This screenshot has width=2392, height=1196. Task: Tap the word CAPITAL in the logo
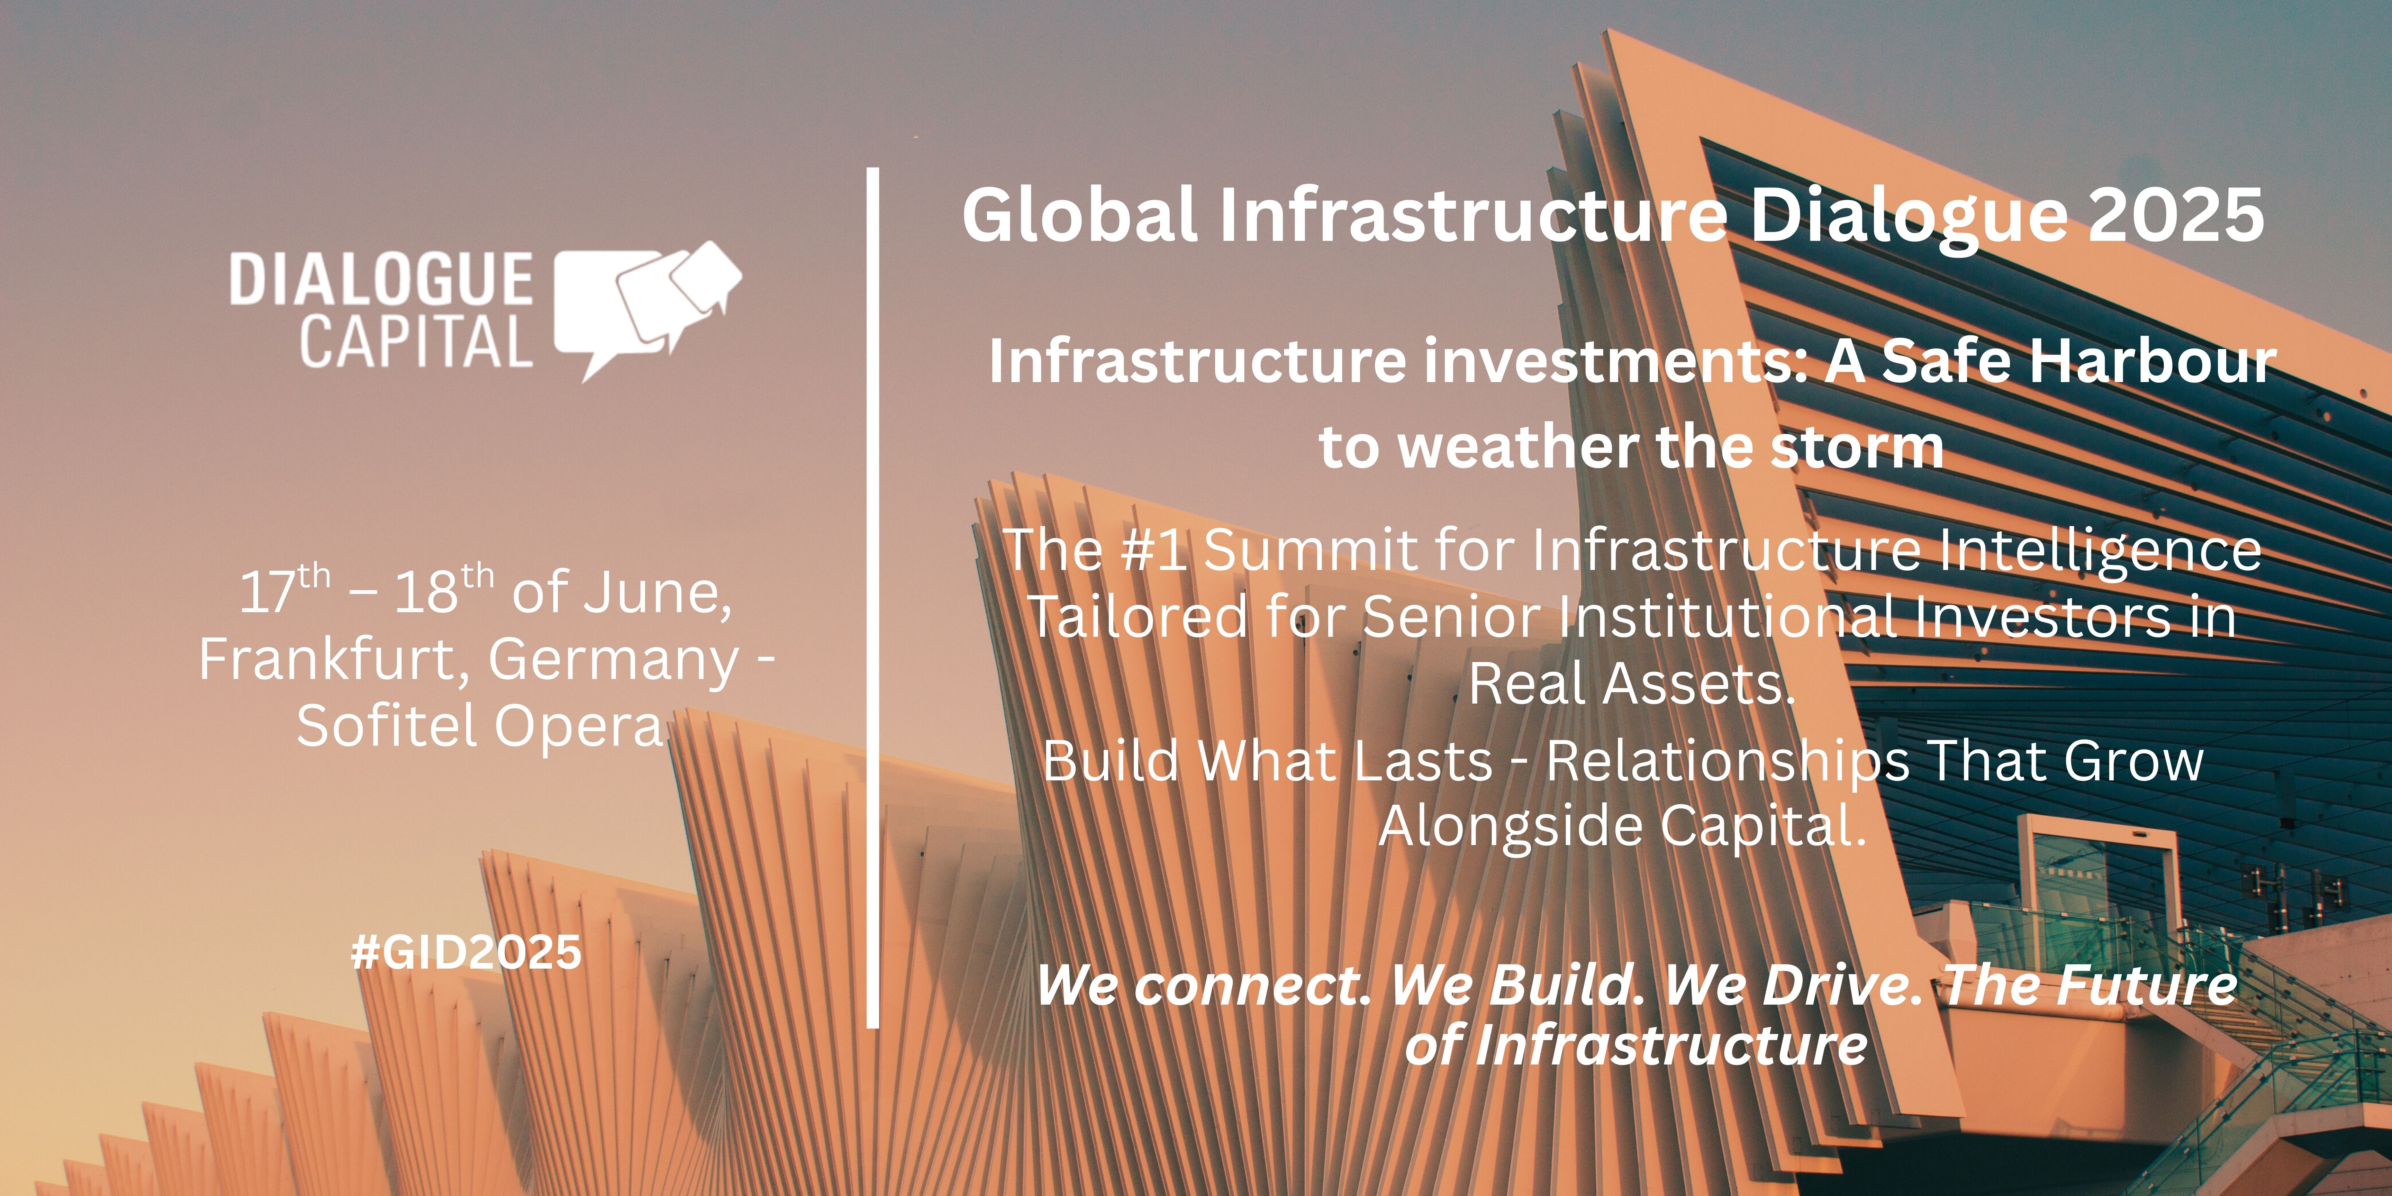click(416, 341)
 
